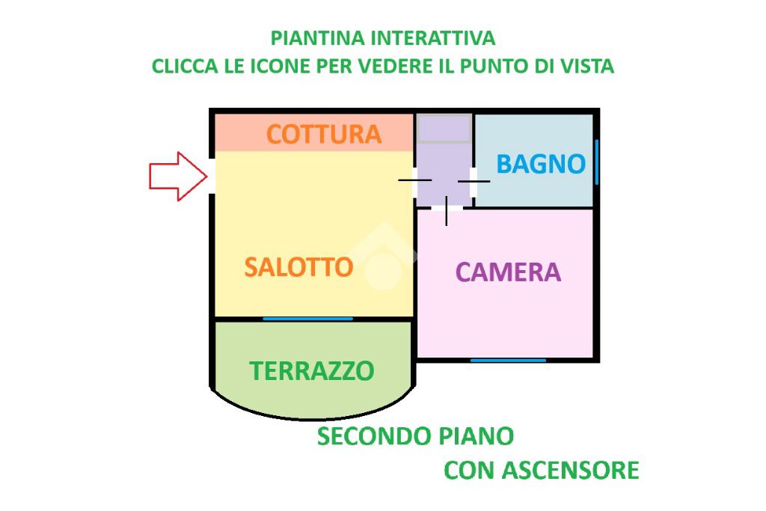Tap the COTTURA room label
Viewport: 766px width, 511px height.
[324, 134]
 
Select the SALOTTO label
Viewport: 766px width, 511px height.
[298, 267]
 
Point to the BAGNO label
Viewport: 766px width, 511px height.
[540, 164]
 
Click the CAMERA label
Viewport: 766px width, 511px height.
[508, 272]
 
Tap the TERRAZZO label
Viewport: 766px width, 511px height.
[311, 370]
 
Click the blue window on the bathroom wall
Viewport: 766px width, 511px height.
[596, 162]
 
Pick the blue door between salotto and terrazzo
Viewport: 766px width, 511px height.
[307, 319]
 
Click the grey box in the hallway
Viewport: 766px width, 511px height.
[444, 129]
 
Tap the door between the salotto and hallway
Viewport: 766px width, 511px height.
[415, 180]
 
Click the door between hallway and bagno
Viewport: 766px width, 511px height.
[474, 180]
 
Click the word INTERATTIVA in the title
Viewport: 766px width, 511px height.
[433, 37]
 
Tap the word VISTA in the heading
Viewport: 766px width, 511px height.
[586, 66]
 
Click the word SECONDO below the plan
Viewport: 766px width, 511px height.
[363, 436]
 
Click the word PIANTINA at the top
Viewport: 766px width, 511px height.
[318, 37]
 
